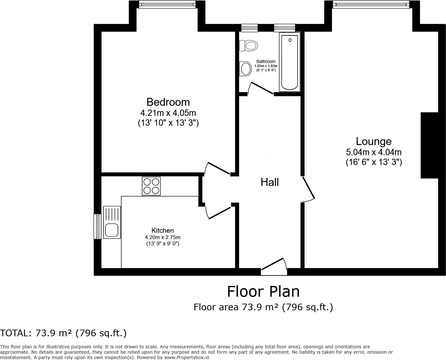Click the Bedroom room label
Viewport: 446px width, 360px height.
tap(168, 102)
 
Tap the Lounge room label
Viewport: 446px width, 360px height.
tap(374, 141)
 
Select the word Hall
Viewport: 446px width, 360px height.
tap(270, 182)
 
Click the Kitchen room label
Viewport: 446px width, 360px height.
tap(162, 231)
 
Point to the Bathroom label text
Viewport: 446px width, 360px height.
tap(266, 61)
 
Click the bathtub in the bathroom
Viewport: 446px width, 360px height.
tap(289, 62)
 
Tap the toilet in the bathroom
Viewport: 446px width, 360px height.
tap(248, 46)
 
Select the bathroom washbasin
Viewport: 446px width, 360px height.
tap(245, 68)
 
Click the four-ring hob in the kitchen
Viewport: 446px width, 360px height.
tap(151, 186)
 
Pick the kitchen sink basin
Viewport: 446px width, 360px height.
tap(111, 230)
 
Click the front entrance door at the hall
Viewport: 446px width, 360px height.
tap(274, 265)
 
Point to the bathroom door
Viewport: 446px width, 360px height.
tap(261, 88)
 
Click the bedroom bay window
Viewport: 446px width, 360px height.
tap(167, 5)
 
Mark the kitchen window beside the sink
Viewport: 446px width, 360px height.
tap(97, 226)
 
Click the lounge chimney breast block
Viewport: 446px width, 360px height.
tap(429, 145)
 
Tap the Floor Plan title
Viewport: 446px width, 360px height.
tap(263, 291)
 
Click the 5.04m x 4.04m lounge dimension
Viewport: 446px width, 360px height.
tap(374, 152)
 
